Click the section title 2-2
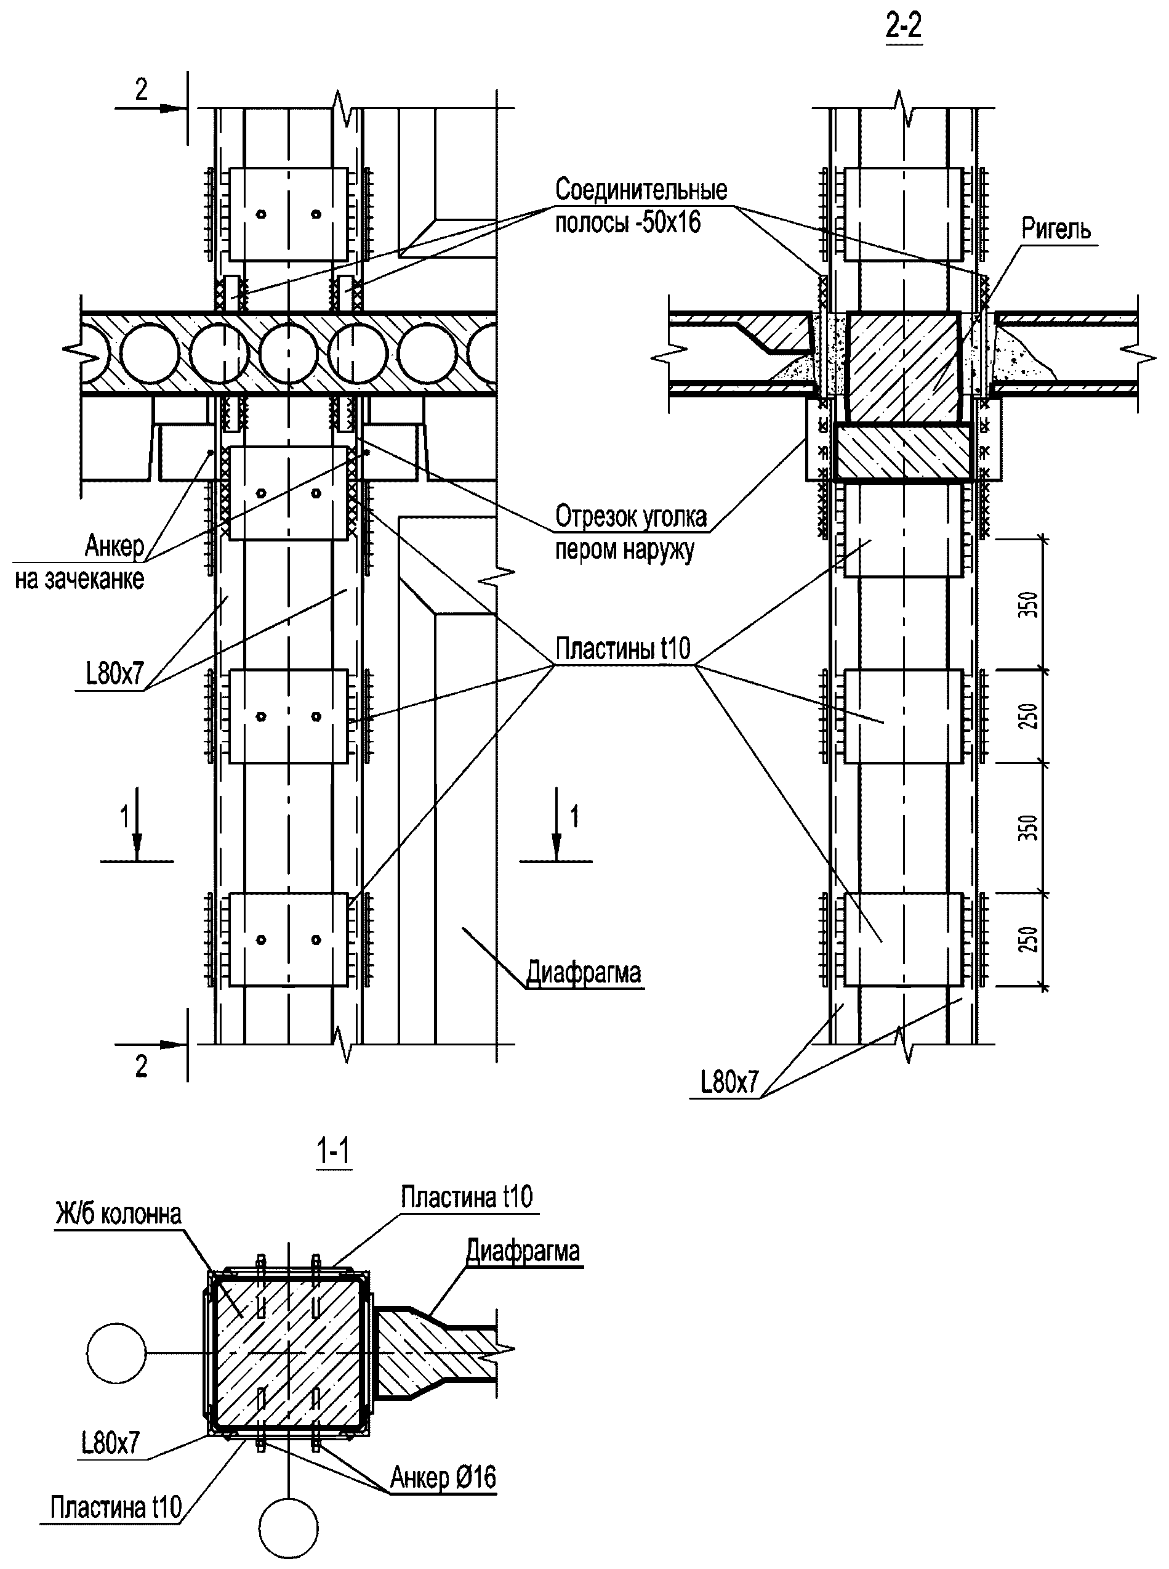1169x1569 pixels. click(x=904, y=26)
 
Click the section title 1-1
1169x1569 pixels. click(x=333, y=1152)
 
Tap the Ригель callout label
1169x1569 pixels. click(x=1056, y=229)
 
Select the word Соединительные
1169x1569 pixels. click(x=641, y=190)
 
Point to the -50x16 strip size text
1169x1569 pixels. click(x=667, y=222)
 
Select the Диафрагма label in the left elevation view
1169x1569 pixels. click(x=585, y=972)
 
